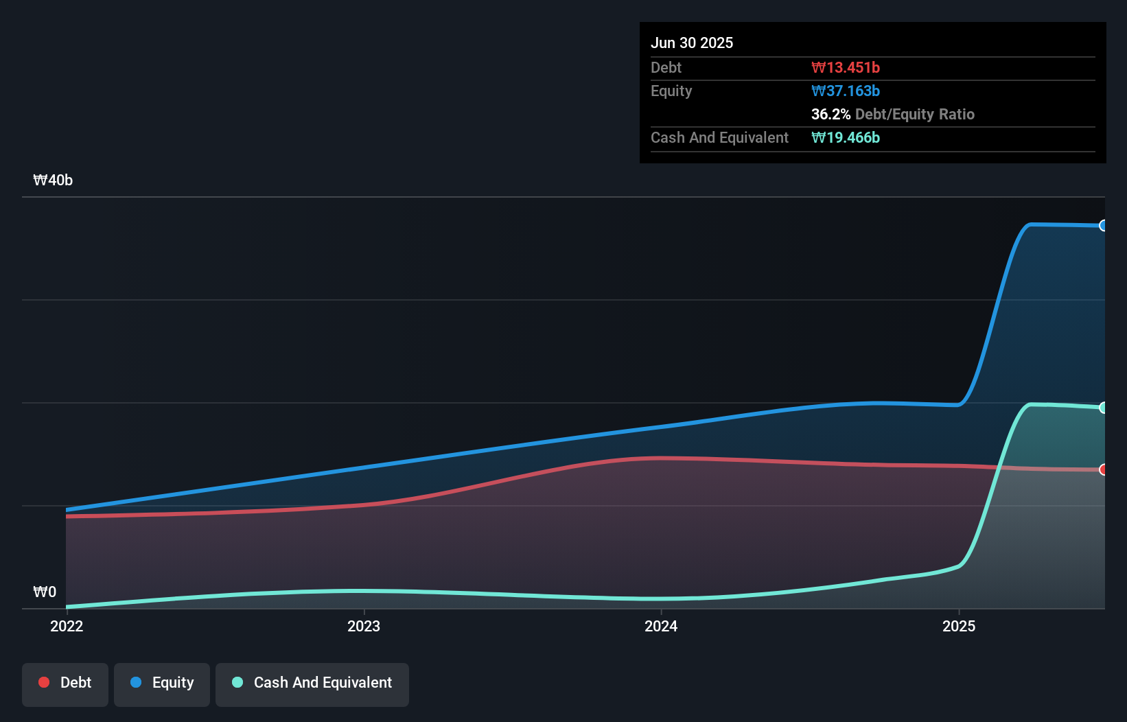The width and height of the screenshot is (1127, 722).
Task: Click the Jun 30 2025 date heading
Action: (x=691, y=43)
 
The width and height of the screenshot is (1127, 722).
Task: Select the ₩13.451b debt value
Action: (x=845, y=67)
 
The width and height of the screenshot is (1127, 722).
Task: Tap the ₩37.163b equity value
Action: (x=845, y=91)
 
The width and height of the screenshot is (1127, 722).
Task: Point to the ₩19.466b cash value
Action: (x=845, y=137)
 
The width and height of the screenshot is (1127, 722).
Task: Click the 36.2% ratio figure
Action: (x=830, y=114)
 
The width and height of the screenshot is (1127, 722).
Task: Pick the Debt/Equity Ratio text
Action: (x=914, y=114)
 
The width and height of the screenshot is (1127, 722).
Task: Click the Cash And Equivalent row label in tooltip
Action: (x=719, y=137)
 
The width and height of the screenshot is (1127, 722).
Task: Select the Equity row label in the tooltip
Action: (x=671, y=91)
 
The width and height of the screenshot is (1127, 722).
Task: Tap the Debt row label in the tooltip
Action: (x=666, y=67)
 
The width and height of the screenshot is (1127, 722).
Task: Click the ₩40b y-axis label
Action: (x=53, y=180)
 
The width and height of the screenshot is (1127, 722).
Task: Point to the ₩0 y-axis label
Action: (x=45, y=592)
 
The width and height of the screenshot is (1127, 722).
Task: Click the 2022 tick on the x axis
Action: (x=67, y=625)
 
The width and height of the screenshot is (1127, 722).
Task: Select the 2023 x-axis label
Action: (x=364, y=625)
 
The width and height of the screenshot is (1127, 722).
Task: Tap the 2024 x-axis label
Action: (x=661, y=625)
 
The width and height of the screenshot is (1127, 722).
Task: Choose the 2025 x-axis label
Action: (x=958, y=625)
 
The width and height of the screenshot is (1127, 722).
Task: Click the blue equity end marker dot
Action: (x=1103, y=226)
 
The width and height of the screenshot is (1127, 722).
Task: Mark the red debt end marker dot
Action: (x=1103, y=469)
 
